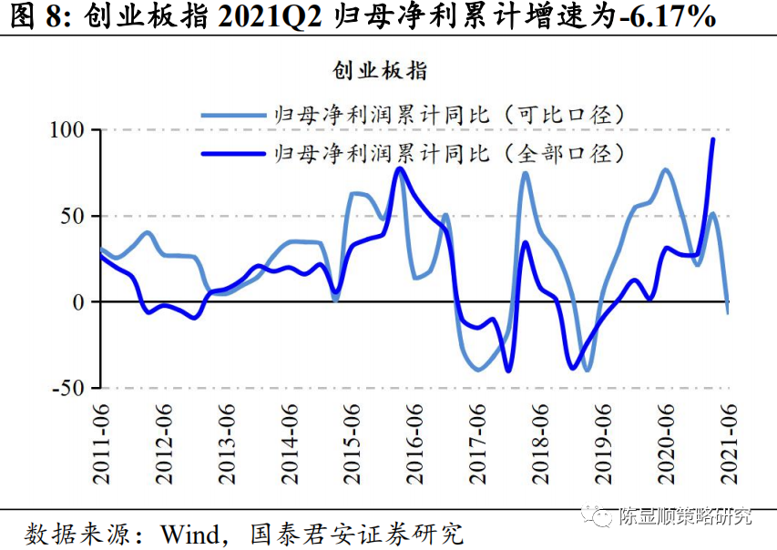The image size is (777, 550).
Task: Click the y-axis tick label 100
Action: point(66,130)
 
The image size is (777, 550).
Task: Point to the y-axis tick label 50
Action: point(73,216)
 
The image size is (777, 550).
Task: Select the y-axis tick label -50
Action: point(68,388)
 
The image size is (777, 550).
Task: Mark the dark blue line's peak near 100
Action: point(712,137)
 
